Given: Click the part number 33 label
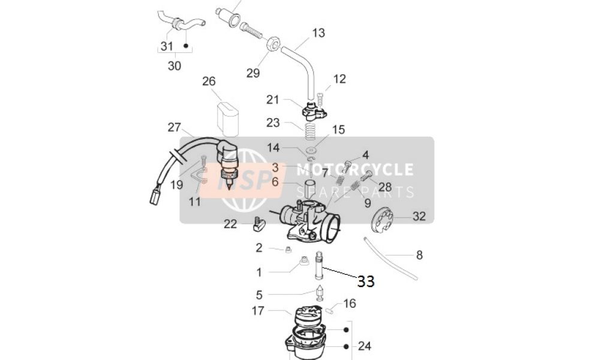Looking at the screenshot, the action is click(x=366, y=281).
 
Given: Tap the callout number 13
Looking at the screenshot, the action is click(x=318, y=33).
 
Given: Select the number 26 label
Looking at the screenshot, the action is click(x=209, y=81).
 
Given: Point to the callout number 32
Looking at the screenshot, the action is click(x=419, y=216).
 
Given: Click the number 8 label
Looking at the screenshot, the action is click(x=419, y=256).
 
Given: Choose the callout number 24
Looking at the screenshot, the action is click(x=364, y=346).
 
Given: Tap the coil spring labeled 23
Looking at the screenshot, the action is click(x=310, y=131).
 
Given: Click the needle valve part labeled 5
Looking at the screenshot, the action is click(x=320, y=294).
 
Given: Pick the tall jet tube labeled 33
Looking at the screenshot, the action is click(x=319, y=265).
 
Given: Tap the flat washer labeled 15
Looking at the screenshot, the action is click(x=312, y=149).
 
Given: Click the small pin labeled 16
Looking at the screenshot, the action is click(x=329, y=310).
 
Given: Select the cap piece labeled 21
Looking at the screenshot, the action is click(x=314, y=110).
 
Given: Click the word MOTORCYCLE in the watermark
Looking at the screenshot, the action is click(x=354, y=170).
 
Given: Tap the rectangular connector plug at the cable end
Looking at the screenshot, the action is click(x=155, y=196).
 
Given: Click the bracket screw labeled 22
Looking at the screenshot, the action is click(x=259, y=224).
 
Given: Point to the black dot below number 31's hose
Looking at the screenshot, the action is click(x=186, y=46).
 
